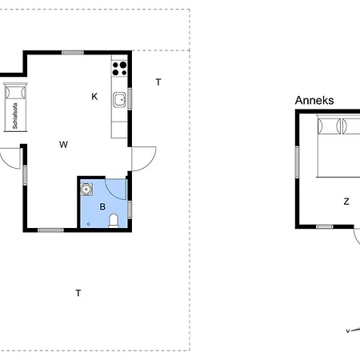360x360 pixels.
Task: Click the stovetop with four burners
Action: click(x=119, y=69)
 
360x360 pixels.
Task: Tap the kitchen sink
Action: click(x=119, y=100)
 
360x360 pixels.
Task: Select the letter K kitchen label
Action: click(x=94, y=97)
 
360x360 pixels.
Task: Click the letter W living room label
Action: click(x=63, y=145)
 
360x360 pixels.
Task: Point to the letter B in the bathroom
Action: click(x=102, y=206)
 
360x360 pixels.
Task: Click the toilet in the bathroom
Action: click(x=114, y=221)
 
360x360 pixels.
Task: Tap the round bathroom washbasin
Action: click(x=86, y=189)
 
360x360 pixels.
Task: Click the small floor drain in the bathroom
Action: click(x=89, y=224)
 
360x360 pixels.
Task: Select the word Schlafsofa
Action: click(x=15, y=116)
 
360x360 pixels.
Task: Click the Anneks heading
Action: click(x=314, y=101)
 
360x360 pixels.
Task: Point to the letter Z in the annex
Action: click(x=346, y=202)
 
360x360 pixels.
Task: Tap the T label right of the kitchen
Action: click(x=158, y=82)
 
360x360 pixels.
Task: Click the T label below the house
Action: click(x=78, y=293)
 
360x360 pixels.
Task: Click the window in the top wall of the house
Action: click(x=73, y=53)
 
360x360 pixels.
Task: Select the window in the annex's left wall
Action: click(x=297, y=162)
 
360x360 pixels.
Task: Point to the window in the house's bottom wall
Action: click(x=50, y=230)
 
